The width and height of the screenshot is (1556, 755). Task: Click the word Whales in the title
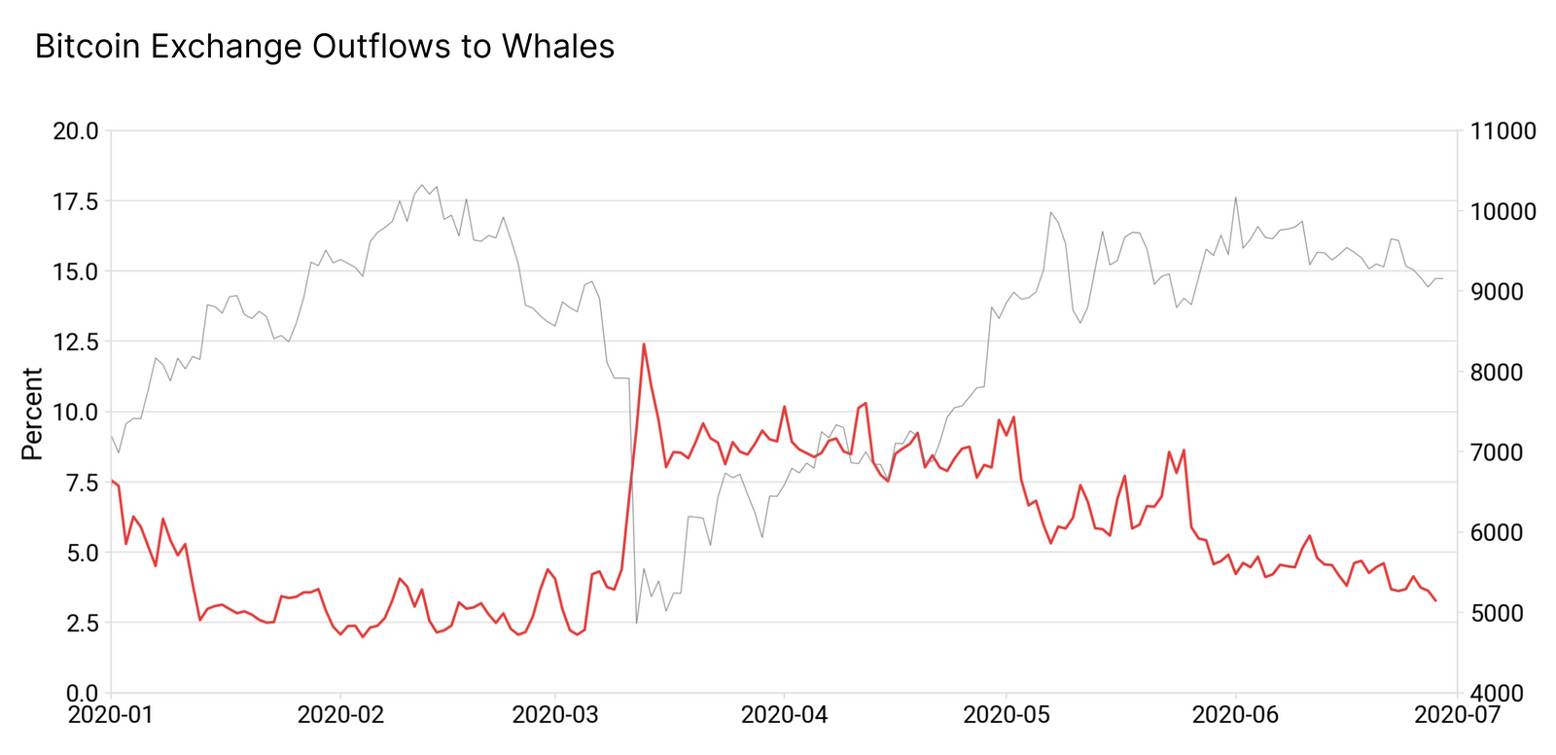(x=558, y=46)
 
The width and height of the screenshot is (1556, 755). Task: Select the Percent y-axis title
(x=32, y=413)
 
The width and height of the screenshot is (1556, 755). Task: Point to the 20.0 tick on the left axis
(x=76, y=130)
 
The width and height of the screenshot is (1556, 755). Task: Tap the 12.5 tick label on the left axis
(x=76, y=342)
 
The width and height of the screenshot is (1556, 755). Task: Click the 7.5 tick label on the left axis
(x=81, y=483)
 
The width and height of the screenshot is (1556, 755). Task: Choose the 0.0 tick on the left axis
(x=81, y=693)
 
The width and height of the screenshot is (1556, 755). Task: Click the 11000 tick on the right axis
(x=1504, y=131)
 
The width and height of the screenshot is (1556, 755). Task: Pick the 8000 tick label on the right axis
(x=1504, y=373)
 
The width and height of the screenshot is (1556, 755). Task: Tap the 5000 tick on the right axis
(x=1504, y=613)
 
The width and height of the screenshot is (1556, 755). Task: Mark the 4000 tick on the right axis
(x=1504, y=693)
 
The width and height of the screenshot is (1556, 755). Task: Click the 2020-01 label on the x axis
(x=111, y=715)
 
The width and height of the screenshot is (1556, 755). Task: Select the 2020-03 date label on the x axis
(x=555, y=715)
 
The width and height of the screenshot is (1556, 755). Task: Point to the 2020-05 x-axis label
(x=1007, y=715)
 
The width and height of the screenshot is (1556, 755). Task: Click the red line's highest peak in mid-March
(x=644, y=343)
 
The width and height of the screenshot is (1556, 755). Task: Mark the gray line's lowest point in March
(x=636, y=623)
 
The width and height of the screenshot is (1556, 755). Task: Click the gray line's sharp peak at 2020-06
(x=1235, y=198)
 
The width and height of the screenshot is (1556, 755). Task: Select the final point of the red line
(x=1435, y=600)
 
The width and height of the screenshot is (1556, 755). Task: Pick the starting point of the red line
(x=111, y=480)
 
